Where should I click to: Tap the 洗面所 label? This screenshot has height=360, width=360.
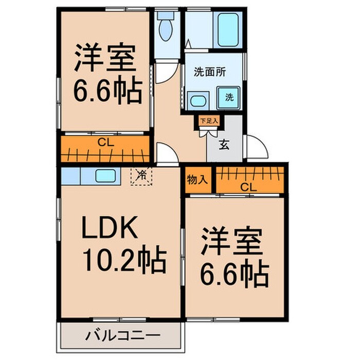pos(209,73)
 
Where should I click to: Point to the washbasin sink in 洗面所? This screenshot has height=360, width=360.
pos(198,100)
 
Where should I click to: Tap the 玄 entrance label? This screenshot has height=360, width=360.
pos(225,145)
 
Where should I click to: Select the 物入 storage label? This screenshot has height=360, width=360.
pos(197,180)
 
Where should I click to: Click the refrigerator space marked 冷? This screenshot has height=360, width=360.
pos(141,176)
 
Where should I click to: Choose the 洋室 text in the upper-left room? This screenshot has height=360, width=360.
pos(105,59)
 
